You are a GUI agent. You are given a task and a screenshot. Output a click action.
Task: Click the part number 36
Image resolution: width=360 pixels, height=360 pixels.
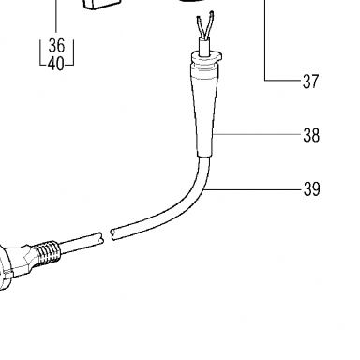(x=56, y=46)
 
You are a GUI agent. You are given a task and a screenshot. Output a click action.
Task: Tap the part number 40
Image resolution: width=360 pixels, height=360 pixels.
(x=56, y=64)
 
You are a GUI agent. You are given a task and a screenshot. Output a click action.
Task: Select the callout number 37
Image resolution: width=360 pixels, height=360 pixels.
(x=310, y=82)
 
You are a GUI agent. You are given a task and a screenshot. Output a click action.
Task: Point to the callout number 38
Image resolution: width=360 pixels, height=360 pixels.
(x=311, y=135)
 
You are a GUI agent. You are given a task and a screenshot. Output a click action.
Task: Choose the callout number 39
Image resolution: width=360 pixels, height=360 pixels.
(x=311, y=189)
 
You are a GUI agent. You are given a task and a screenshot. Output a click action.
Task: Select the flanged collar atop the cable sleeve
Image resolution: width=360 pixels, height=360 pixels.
(x=205, y=58)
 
